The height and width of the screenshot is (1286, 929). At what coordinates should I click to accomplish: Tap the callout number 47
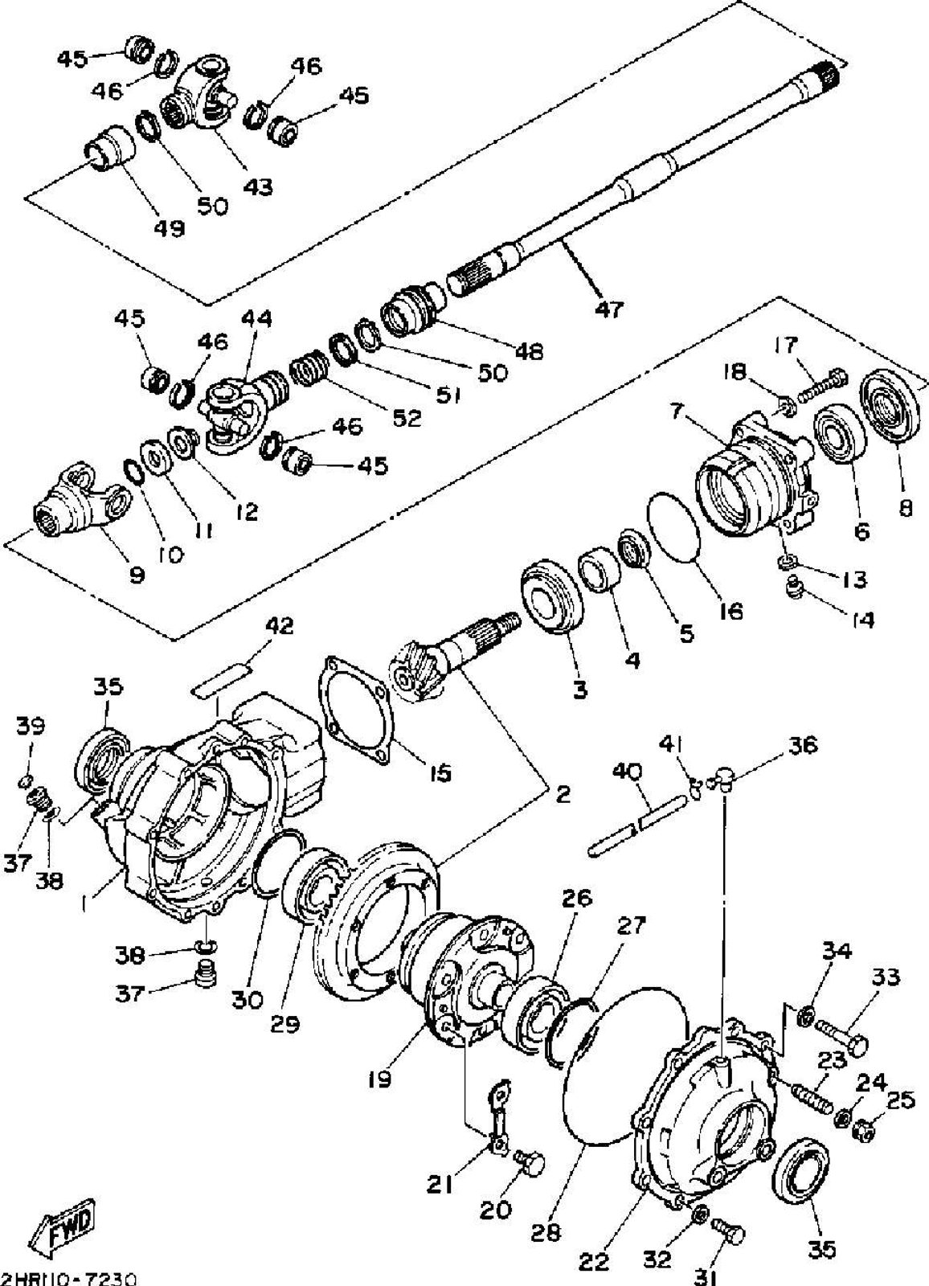pos(608,307)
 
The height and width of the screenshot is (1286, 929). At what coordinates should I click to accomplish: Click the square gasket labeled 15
pos(358,706)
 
